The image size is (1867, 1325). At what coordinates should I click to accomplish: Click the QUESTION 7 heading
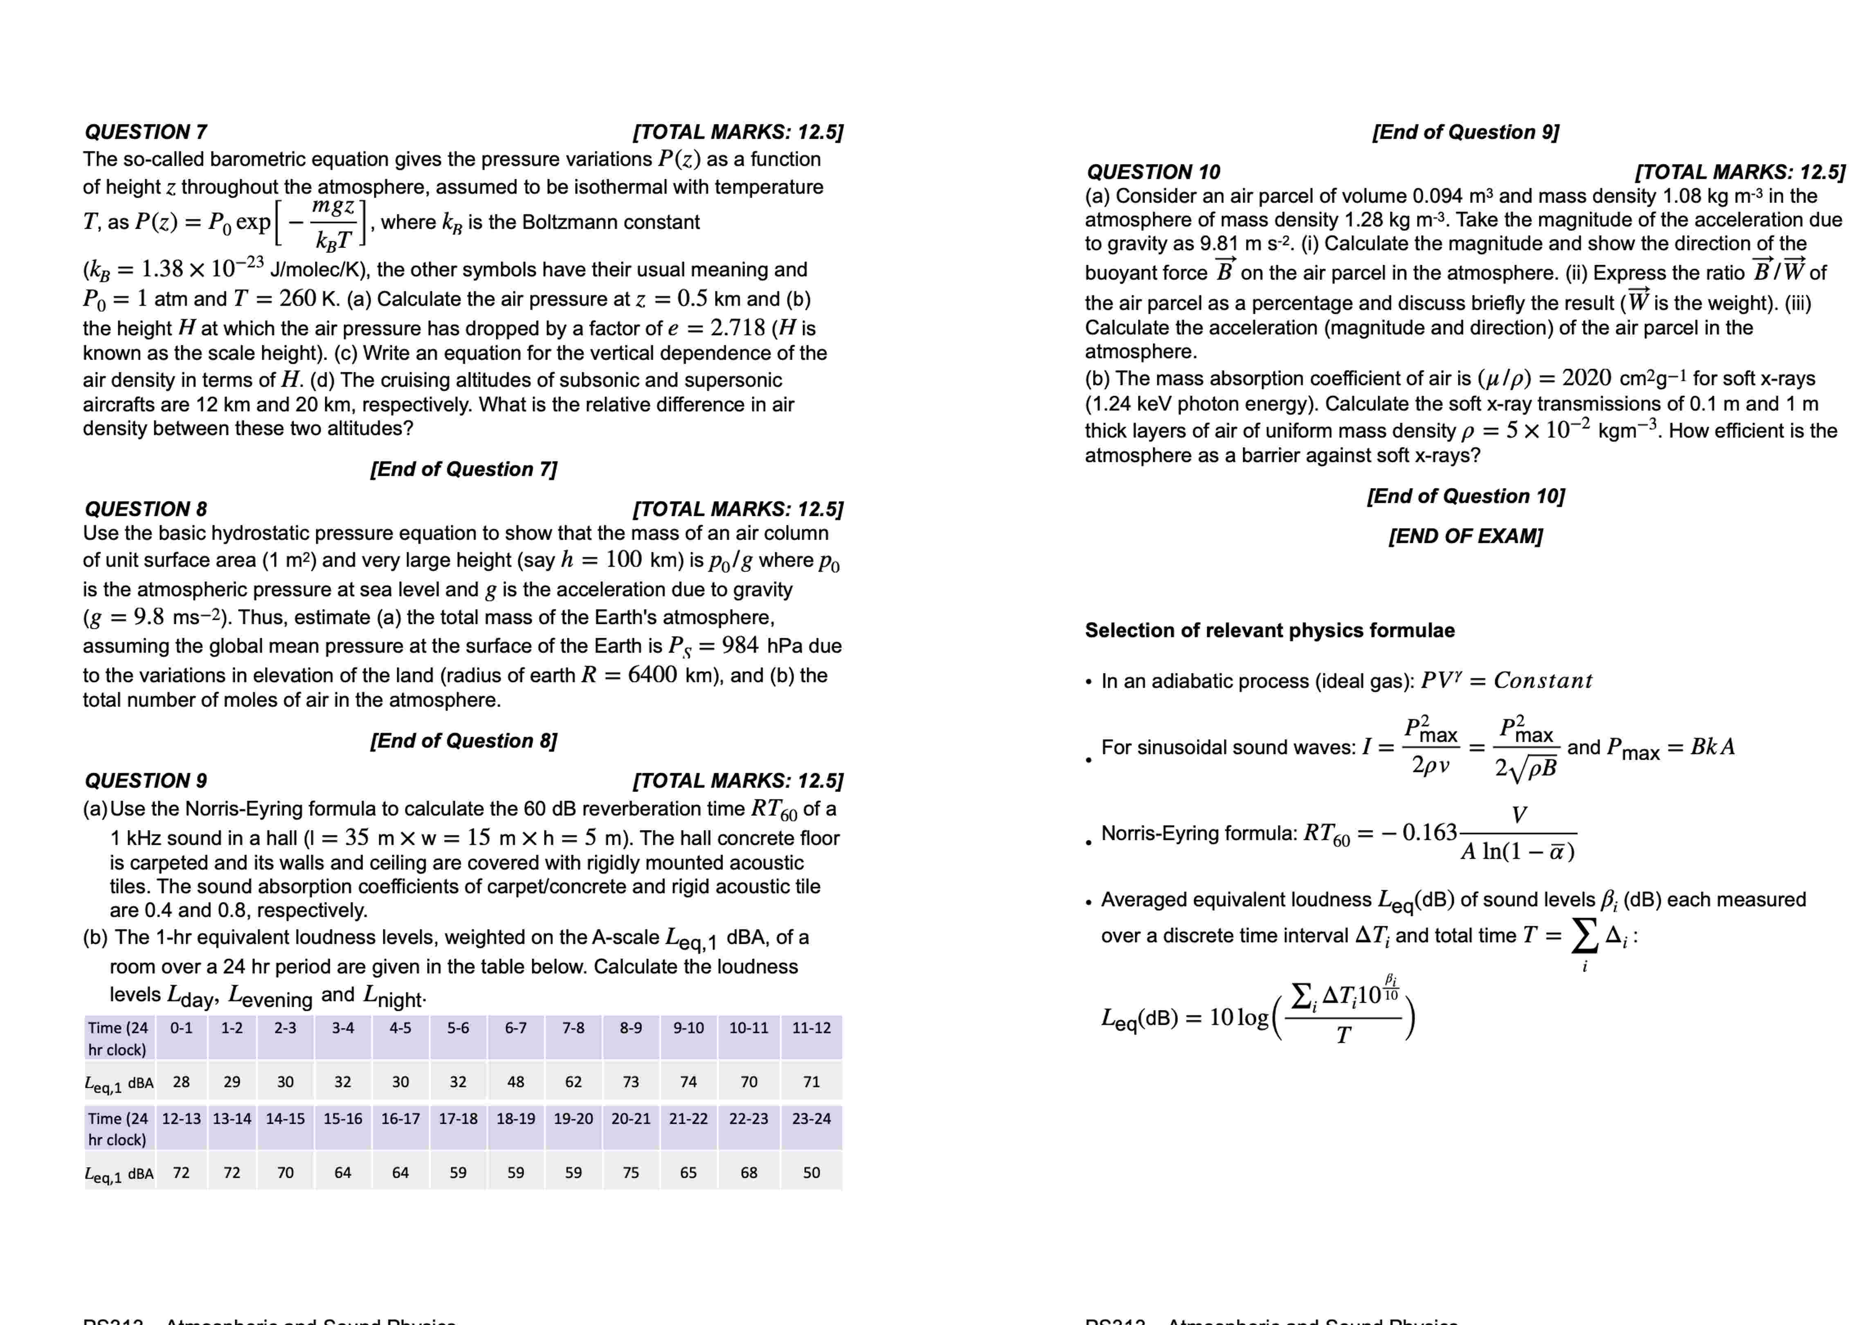[x=146, y=132]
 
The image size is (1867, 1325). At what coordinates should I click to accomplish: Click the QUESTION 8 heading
[x=146, y=509]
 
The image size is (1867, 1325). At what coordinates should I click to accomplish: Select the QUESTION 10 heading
[x=1153, y=172]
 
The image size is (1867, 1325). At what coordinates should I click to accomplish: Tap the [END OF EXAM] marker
[x=1466, y=536]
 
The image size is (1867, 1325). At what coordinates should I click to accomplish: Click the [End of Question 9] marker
[x=1466, y=132]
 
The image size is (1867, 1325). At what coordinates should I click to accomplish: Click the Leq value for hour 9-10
[x=688, y=1082]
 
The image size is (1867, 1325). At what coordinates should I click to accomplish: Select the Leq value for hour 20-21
[x=630, y=1172]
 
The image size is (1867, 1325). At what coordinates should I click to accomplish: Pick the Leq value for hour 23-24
[x=812, y=1172]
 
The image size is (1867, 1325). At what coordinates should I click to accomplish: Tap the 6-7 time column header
[x=515, y=1028]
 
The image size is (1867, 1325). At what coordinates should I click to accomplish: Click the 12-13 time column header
[x=181, y=1118]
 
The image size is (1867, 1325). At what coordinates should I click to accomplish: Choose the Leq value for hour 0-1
[x=181, y=1082]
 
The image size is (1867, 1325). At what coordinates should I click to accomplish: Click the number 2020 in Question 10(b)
[x=1586, y=378]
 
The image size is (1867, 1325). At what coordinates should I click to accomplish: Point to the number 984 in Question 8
[x=740, y=646]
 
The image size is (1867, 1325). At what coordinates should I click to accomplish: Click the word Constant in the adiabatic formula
[x=1542, y=680]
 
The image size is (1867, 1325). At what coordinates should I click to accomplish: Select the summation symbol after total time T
[x=1584, y=935]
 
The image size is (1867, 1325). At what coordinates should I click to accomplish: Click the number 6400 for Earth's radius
[x=652, y=675]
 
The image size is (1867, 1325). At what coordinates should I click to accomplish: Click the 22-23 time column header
[x=749, y=1118]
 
